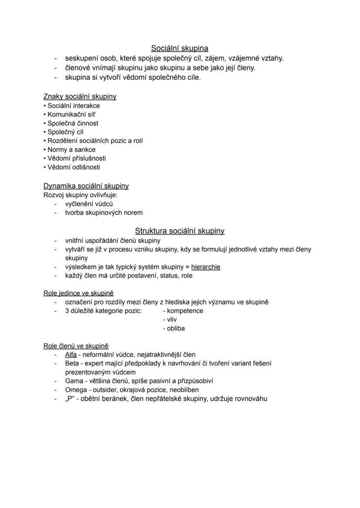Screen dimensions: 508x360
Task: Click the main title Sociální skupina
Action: click(x=180, y=48)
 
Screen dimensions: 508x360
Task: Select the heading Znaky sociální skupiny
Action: click(x=80, y=96)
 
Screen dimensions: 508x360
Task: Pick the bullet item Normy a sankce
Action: click(x=71, y=149)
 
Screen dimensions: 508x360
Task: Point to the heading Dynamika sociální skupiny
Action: click(x=86, y=186)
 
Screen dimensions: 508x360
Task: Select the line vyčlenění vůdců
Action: click(x=89, y=204)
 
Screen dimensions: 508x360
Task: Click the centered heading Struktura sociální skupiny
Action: click(x=180, y=231)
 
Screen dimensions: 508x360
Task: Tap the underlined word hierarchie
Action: click(x=206, y=267)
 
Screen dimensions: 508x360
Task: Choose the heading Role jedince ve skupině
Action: click(x=78, y=293)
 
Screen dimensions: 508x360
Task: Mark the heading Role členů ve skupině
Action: click(x=76, y=346)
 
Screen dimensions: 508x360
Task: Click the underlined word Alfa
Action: click(x=71, y=355)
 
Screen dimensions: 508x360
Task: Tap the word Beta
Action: click(x=72, y=363)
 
